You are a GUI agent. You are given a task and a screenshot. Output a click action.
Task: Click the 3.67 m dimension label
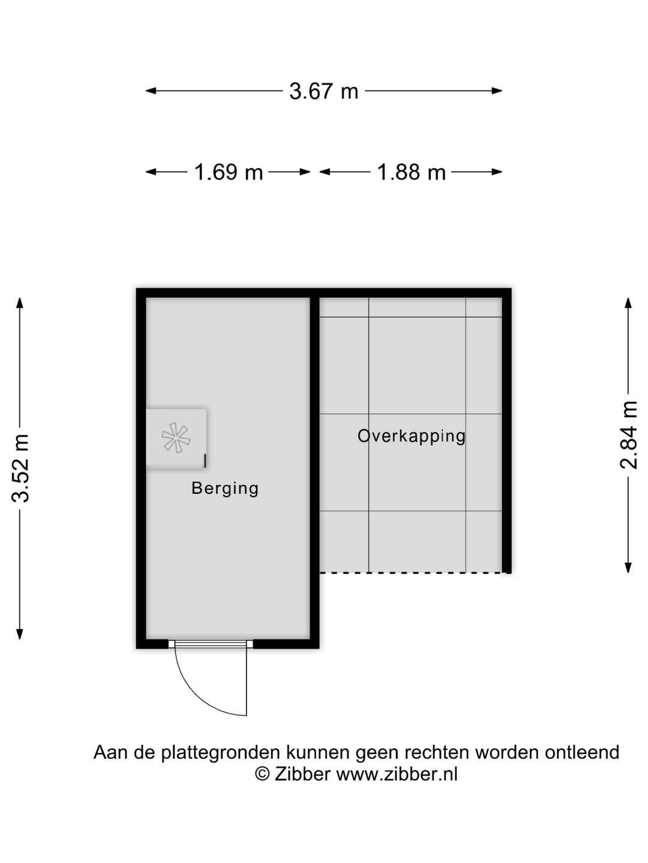pyautogui.click(x=323, y=91)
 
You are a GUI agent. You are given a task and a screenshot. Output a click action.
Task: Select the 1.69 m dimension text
pyautogui.click(x=229, y=173)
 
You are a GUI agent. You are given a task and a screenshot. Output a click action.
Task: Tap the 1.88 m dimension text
pyautogui.click(x=411, y=173)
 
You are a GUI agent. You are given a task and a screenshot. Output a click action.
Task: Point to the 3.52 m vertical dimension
pyautogui.click(x=22, y=467)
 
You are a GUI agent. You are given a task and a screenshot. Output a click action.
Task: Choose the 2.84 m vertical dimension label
pyautogui.click(x=628, y=434)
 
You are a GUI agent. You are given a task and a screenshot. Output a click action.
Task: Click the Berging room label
pyautogui.click(x=225, y=488)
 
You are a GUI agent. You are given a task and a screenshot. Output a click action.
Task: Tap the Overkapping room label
pyautogui.click(x=412, y=436)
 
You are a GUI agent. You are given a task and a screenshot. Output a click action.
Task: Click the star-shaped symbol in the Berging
pyautogui.click(x=176, y=437)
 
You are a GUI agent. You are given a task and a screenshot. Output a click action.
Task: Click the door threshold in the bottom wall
pyautogui.click(x=210, y=644)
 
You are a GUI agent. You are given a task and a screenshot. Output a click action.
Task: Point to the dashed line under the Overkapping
pyautogui.click(x=414, y=573)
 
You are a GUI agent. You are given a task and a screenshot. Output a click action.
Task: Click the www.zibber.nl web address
pyautogui.click(x=397, y=774)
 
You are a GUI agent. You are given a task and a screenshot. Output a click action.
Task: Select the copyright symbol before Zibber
pyautogui.click(x=262, y=774)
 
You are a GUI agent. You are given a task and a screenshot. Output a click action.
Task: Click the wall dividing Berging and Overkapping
pyautogui.click(x=314, y=467)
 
